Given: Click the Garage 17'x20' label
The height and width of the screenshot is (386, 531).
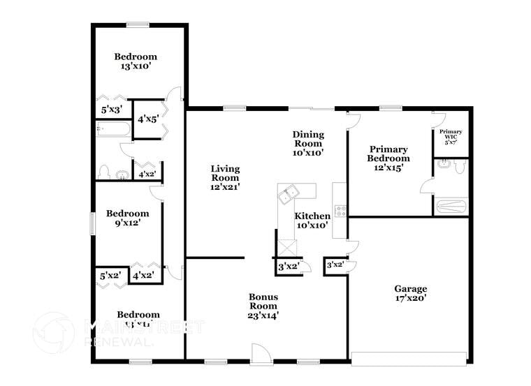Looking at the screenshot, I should pos(410,293).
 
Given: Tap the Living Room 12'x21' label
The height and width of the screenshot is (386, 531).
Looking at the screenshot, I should pos(226,178).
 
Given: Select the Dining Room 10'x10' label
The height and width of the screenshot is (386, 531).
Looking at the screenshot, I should pos(308,143).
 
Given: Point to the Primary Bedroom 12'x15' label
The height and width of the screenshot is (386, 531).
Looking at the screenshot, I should pos(388,158).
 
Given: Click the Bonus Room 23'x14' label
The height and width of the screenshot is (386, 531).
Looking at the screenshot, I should pos(263,306).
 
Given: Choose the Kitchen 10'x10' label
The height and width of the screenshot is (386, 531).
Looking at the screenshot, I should pos(312,221).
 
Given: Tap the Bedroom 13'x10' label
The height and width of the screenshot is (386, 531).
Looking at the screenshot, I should pos(136,61).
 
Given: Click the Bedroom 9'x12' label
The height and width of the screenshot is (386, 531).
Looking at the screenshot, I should pos(127,218).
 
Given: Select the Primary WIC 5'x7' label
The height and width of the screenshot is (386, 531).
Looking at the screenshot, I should pos(451,136).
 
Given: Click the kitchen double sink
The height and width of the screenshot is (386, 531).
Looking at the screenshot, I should pos(289,196).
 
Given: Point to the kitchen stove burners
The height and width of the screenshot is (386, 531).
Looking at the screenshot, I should pos(341,211).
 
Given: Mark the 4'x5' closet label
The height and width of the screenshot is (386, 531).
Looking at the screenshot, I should pos(147,119).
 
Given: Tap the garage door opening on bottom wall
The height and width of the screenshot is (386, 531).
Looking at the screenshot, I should pos(409,359).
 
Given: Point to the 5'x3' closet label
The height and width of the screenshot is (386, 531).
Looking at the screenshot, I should pos(112,110).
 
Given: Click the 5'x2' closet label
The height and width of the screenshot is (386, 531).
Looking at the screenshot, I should pos(110,276).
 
